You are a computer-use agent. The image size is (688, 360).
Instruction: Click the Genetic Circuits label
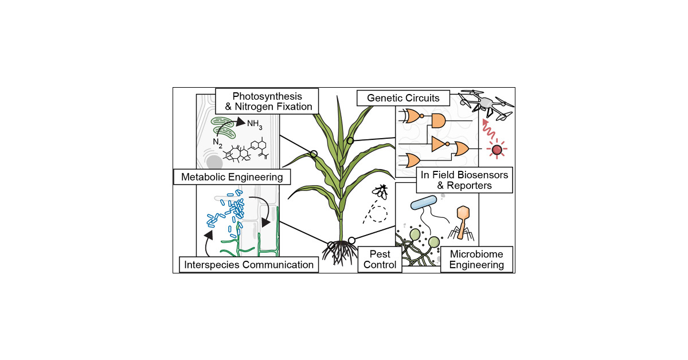(398, 98)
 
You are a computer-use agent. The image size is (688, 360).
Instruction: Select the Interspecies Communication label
(248, 264)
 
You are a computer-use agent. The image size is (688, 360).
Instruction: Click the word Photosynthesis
(263, 95)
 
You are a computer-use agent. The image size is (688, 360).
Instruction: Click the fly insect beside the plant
(381, 190)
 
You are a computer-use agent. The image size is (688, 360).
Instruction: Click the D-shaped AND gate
(437, 120)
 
